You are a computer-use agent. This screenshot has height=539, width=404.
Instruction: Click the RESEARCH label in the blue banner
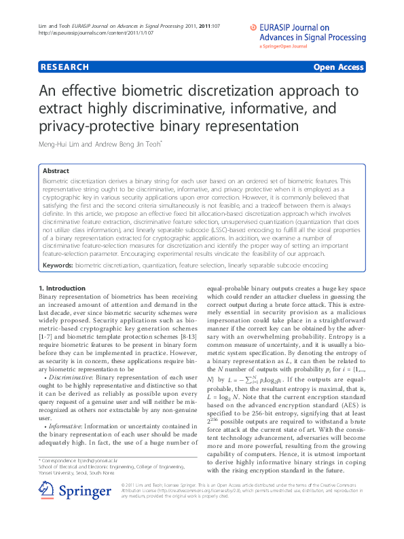pos(65,67)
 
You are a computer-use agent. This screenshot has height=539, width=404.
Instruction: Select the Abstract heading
pos(57,172)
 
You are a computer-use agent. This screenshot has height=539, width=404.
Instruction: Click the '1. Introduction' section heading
pos(62,289)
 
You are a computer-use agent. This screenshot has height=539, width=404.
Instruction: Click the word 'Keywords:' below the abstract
pos(58,263)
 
